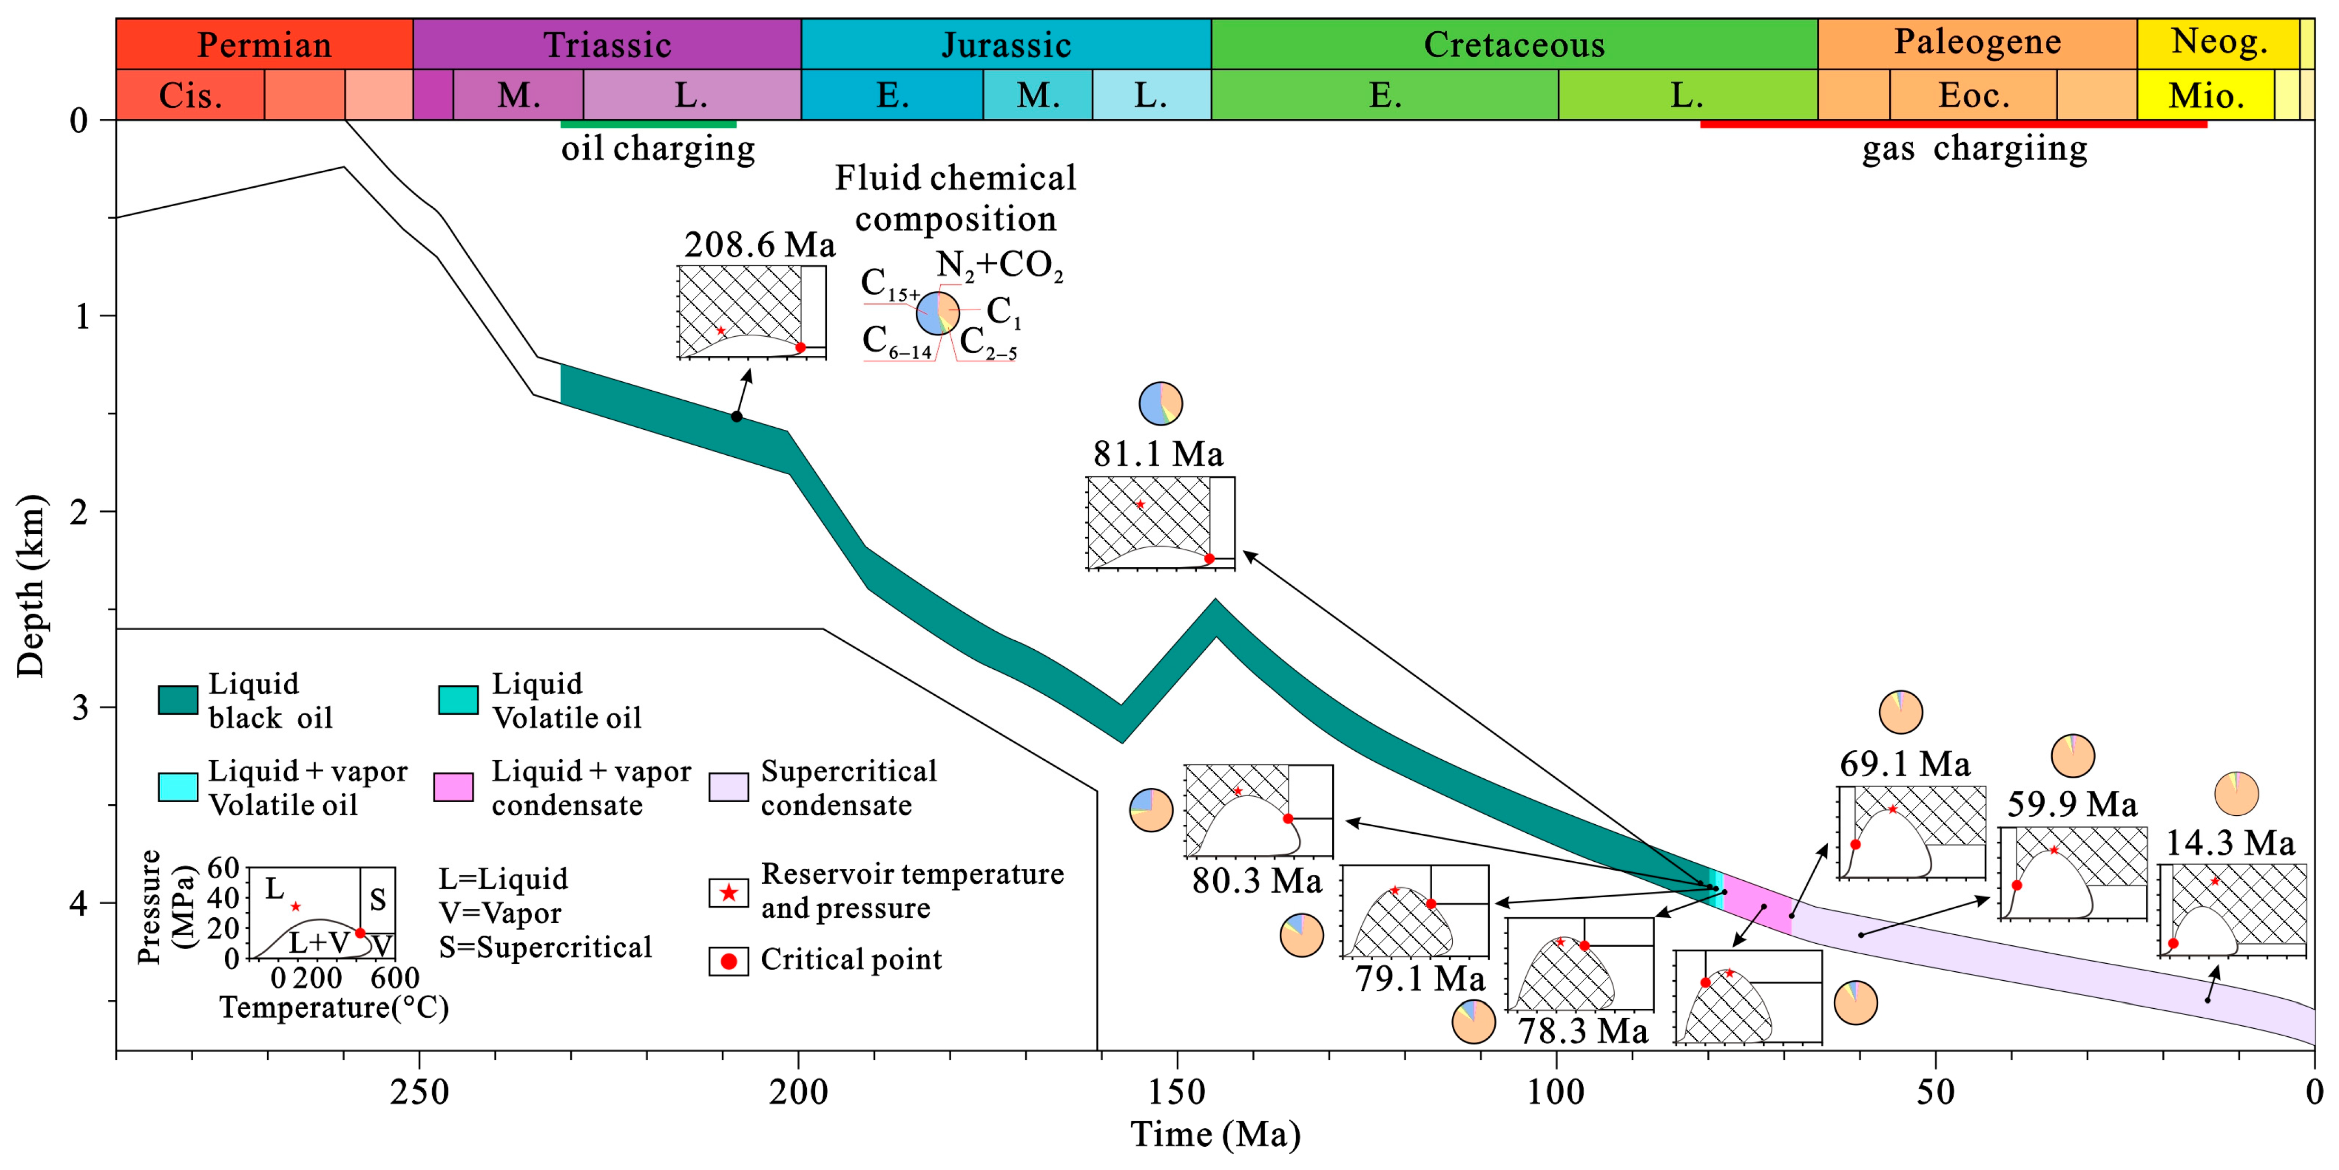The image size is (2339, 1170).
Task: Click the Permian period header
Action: click(x=264, y=44)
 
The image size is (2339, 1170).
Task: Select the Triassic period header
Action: click(x=606, y=44)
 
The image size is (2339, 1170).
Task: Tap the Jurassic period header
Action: click(x=1006, y=44)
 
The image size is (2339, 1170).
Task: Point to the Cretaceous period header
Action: click(x=1514, y=44)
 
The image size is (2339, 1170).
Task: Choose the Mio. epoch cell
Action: click(x=2206, y=95)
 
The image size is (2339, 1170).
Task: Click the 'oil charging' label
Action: click(x=658, y=148)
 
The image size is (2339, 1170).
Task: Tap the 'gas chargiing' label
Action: click(x=1974, y=148)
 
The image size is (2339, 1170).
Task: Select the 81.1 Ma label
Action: click(x=1158, y=454)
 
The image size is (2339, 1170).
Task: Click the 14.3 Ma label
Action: click(x=2230, y=843)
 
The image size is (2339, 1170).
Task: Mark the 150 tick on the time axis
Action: click(x=1178, y=1092)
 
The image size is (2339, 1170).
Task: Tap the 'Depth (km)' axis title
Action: click(x=30, y=585)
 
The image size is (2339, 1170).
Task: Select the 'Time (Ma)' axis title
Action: click(x=1215, y=1135)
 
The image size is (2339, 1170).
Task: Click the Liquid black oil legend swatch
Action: click(x=178, y=700)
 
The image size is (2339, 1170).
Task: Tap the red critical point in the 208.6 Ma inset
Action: click(x=800, y=348)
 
